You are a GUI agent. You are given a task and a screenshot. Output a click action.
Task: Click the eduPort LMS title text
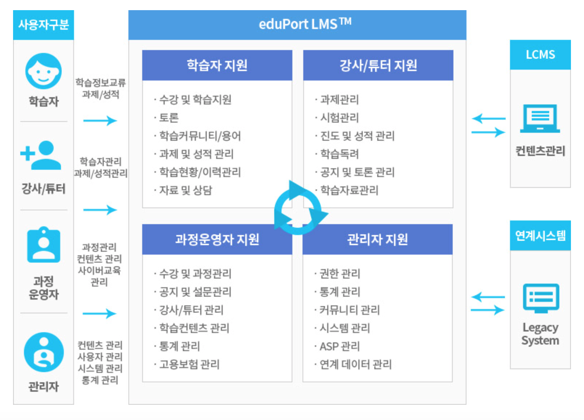tap(305, 24)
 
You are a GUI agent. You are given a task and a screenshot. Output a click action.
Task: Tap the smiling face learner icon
tap(44, 71)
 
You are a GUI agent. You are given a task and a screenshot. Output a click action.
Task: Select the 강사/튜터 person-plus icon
tap(41, 155)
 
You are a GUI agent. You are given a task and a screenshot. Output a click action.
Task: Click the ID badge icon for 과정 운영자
tap(44, 244)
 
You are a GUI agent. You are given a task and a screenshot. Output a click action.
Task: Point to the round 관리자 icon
tap(44, 352)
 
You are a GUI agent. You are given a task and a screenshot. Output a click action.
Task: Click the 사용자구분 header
tap(44, 25)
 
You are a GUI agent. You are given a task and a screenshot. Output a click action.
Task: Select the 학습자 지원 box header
tap(217, 65)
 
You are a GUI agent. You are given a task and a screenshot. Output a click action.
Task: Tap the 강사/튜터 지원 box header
tap(378, 65)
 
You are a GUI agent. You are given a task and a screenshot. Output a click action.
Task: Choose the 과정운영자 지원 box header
tap(217, 239)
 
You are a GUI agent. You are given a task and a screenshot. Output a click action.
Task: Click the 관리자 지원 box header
tap(378, 239)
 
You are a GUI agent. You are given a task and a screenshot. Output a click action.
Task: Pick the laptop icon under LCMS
tap(540, 119)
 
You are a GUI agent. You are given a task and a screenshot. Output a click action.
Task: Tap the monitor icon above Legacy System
tap(541, 298)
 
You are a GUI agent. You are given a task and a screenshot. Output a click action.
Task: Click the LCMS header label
tap(540, 55)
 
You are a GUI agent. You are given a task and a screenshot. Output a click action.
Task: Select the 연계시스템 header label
tap(540, 236)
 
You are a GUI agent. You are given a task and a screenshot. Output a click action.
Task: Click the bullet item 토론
tap(169, 118)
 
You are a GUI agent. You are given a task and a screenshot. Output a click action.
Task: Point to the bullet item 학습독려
tap(340, 154)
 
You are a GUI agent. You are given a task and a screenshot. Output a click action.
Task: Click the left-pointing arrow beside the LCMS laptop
tap(489, 118)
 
